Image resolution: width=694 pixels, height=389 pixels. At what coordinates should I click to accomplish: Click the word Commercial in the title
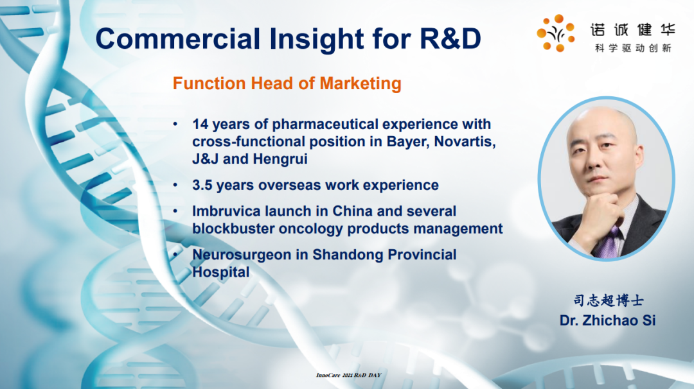click(178, 39)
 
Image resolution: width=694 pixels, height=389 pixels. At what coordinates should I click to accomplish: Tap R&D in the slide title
click(450, 39)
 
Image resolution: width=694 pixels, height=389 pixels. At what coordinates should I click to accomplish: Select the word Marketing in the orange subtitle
click(360, 83)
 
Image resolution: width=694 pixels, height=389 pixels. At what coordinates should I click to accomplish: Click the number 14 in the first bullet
click(200, 125)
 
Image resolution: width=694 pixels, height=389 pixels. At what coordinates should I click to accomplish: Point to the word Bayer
click(408, 142)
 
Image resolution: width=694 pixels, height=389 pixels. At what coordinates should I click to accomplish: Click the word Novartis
click(465, 141)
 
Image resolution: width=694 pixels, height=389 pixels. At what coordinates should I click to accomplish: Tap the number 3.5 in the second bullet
click(202, 186)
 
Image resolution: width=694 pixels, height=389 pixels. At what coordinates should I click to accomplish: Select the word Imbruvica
click(227, 211)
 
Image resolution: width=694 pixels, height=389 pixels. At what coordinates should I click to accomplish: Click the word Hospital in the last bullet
click(221, 272)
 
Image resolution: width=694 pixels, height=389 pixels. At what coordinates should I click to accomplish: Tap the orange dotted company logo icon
click(555, 33)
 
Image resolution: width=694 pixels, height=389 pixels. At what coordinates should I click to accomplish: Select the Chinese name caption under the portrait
click(608, 300)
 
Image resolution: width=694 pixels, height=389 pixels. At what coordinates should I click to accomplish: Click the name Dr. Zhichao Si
click(607, 320)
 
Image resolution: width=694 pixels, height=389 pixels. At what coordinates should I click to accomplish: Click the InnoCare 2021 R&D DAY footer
click(349, 375)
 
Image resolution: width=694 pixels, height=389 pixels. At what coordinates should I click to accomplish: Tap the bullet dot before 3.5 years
click(175, 186)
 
